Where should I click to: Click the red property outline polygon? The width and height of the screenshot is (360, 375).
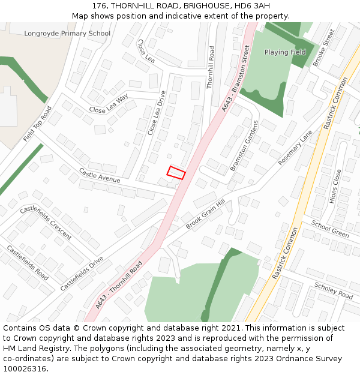(x=176, y=172)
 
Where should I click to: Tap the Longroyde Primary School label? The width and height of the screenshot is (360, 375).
(x=67, y=34)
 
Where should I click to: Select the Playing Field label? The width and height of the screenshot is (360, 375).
(x=285, y=52)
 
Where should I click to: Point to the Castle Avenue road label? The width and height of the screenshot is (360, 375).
(x=100, y=175)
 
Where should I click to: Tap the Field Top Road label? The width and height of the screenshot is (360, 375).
(x=38, y=124)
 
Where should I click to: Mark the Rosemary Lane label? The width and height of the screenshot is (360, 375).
(x=296, y=148)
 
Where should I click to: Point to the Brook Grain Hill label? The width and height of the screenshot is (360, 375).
(x=205, y=214)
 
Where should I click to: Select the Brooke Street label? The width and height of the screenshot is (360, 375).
(x=323, y=47)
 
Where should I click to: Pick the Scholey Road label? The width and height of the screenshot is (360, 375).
(x=334, y=290)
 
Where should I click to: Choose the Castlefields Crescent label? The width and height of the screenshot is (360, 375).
(x=46, y=223)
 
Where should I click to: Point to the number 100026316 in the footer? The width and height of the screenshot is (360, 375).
(x=24, y=368)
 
